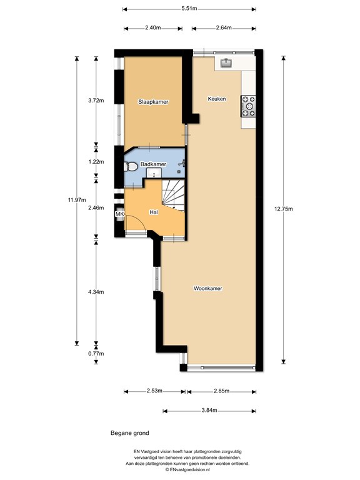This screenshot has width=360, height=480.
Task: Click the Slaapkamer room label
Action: tap(153, 102)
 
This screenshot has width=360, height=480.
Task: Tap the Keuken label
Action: tap(217, 99)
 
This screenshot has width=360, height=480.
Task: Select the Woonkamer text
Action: tap(208, 288)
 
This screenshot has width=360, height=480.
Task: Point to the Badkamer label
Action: tap(153, 164)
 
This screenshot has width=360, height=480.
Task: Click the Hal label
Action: tap(154, 212)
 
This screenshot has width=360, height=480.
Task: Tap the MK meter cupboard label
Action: tap(119, 214)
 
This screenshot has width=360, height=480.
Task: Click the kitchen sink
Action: tap(226, 62)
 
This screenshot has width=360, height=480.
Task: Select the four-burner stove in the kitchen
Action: tap(248, 106)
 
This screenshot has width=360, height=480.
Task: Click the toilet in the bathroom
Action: tap(131, 167)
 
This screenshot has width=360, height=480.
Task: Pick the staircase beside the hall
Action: tap(174, 195)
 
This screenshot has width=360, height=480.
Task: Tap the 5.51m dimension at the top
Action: tap(189, 9)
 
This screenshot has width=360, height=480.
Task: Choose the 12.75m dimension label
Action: tap(283, 209)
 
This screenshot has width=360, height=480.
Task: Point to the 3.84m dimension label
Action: tap(209, 411)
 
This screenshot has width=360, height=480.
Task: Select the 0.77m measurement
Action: tap(96, 354)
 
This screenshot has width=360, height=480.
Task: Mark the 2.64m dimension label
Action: tap(224, 27)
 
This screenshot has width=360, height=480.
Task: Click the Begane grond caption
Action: tap(130, 433)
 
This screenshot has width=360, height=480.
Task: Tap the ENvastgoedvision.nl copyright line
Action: tap(187, 469)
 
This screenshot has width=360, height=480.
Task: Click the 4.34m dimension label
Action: tap(96, 292)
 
